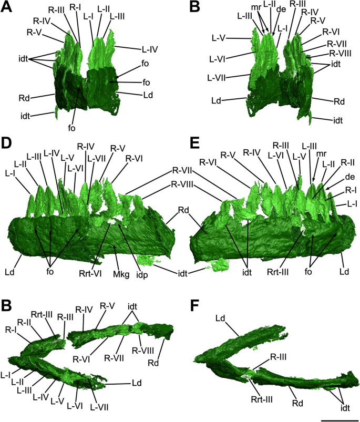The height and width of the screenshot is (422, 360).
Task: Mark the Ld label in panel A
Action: pos(132,95)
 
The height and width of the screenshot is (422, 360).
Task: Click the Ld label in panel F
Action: pos(221,318)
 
